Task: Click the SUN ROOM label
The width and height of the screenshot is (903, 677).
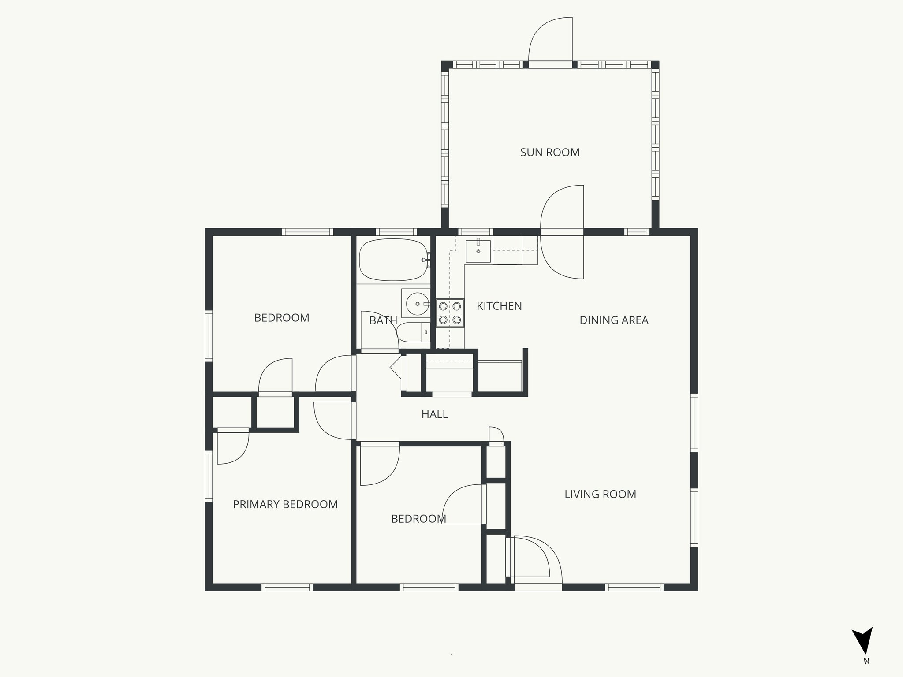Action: (550, 153)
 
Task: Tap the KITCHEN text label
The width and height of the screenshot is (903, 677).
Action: (499, 306)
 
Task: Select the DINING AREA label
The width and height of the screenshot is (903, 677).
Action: (614, 320)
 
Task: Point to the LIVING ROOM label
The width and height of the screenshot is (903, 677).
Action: (600, 494)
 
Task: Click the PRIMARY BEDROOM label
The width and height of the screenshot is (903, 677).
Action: (285, 504)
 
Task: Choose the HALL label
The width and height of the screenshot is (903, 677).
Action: (434, 414)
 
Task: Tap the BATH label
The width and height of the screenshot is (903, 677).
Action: (383, 320)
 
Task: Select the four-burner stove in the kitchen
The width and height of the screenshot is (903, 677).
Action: (450, 313)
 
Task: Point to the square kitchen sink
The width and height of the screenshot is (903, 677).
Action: (478, 251)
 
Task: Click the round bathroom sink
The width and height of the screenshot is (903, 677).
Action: (415, 303)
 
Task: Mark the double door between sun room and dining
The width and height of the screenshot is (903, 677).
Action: (563, 232)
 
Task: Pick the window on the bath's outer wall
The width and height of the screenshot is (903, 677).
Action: (396, 232)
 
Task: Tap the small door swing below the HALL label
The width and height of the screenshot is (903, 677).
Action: (496, 435)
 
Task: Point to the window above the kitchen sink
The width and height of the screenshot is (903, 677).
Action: (475, 232)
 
